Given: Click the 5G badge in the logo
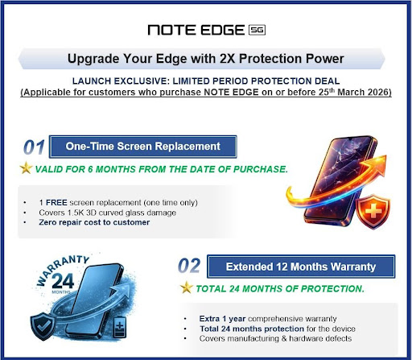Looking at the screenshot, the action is click(257, 30).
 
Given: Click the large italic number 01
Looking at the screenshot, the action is click(34, 147).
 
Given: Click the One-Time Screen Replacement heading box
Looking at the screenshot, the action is click(142, 147).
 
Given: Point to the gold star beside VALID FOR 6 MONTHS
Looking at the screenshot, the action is click(26, 168).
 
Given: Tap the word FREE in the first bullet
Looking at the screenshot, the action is click(56, 202).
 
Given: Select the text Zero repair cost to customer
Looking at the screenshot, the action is click(94, 222).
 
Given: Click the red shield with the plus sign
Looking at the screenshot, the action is click(373, 212).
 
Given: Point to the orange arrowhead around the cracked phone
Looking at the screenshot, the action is click(378, 163).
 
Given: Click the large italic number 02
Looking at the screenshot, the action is click(189, 266).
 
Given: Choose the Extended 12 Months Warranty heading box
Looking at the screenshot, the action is click(301, 267).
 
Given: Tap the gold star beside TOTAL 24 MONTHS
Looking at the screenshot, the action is click(187, 288).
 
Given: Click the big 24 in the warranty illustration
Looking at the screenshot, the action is click(63, 281).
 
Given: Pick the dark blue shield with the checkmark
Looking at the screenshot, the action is click(43, 326).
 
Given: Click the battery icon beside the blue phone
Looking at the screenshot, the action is click(120, 328).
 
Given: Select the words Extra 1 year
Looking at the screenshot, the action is click(222, 319).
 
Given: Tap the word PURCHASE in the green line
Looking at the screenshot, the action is click(261, 169).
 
